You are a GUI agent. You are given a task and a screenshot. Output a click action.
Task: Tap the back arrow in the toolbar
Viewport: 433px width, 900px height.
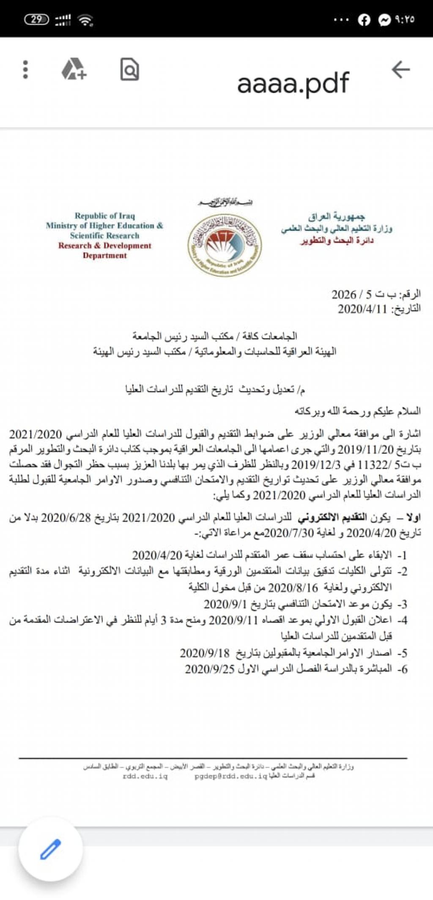click(x=400, y=70)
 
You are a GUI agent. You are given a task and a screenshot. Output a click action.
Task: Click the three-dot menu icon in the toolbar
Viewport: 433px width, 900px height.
click(x=25, y=70)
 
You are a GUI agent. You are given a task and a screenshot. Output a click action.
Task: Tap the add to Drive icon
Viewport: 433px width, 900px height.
click(x=74, y=70)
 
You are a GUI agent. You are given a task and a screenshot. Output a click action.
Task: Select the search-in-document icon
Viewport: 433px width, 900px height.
click(x=129, y=70)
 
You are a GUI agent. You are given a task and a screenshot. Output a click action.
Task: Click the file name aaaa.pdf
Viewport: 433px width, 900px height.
click(x=293, y=84)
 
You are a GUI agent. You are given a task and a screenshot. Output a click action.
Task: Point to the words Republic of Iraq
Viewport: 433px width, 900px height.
click(x=104, y=216)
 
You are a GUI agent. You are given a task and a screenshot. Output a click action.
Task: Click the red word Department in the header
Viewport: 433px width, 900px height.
click(x=104, y=255)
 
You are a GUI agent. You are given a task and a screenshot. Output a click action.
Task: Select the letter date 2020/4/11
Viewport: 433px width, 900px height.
click(x=362, y=309)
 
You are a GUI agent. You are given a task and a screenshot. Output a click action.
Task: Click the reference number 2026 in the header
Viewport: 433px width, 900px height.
click(x=344, y=294)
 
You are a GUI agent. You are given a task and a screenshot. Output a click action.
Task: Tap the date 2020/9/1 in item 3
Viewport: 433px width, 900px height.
click(x=225, y=605)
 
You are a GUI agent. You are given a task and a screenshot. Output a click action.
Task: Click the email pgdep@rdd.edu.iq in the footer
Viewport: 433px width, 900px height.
click(x=231, y=777)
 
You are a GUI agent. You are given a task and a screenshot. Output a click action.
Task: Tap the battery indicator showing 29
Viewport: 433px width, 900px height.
click(x=37, y=19)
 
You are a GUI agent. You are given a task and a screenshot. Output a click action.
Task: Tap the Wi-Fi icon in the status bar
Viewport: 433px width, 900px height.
click(x=85, y=20)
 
